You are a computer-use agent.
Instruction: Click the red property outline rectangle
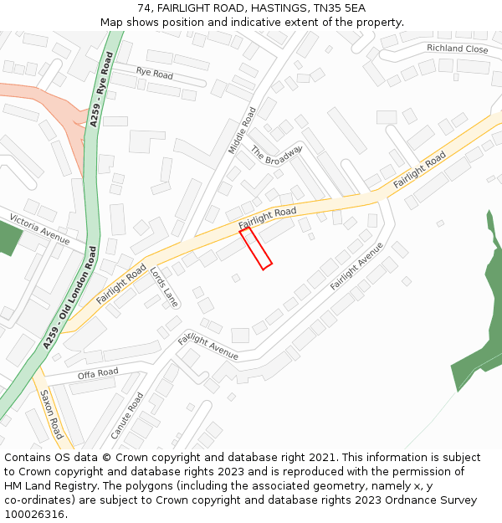click(256, 249)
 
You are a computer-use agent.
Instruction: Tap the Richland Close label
click(457, 49)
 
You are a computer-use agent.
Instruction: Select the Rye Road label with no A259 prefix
click(154, 74)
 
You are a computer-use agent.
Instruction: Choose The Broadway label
click(275, 154)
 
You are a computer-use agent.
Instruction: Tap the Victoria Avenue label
click(39, 228)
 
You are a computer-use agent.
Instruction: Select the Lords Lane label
click(165, 286)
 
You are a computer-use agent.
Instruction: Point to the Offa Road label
click(98, 373)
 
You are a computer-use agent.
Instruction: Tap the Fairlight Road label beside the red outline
click(268, 218)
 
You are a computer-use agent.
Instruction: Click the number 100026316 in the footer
click(36, 514)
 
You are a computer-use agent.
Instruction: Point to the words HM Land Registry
click(51, 485)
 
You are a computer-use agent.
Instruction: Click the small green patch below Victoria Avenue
click(8, 238)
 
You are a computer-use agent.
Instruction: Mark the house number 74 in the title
click(144, 8)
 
